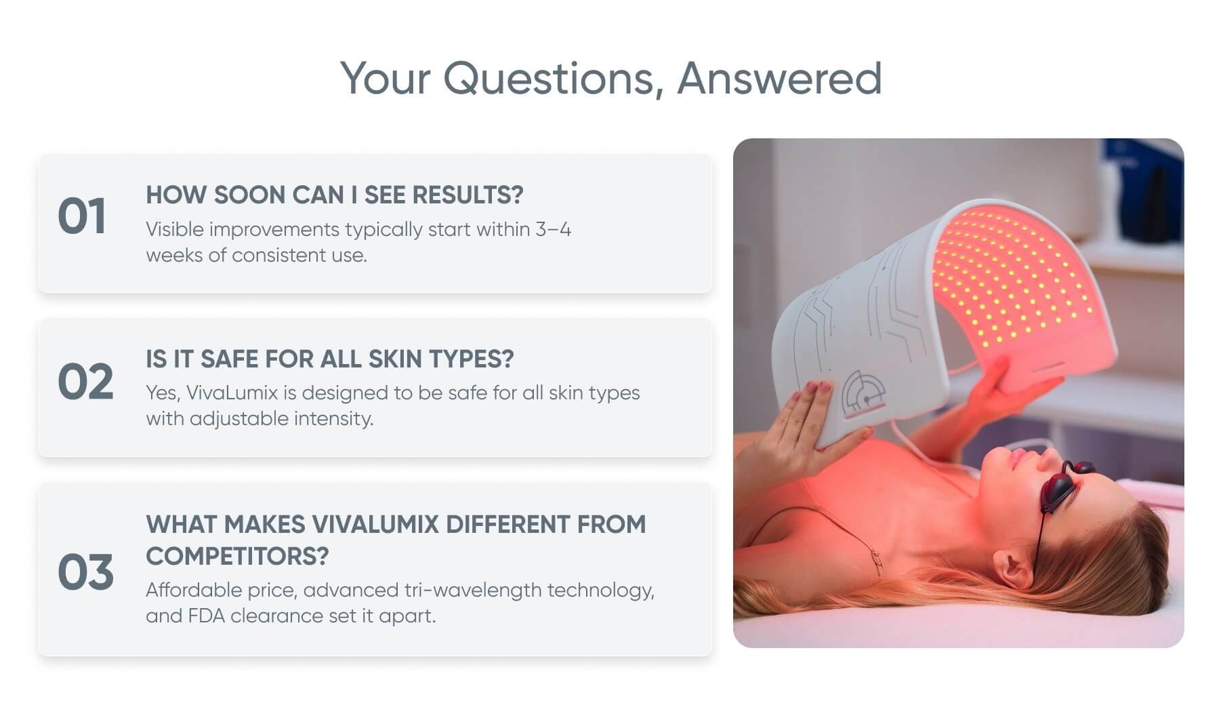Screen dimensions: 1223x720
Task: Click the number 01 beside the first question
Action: click(x=81, y=217)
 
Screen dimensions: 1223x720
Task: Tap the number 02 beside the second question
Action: click(x=85, y=381)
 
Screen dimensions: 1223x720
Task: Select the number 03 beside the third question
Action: click(x=85, y=572)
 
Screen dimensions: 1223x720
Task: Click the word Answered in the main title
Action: click(x=779, y=78)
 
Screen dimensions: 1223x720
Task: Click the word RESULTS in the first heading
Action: click(x=468, y=195)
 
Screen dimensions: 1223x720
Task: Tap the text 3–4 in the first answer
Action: click(x=554, y=229)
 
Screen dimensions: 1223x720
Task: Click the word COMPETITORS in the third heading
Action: click(x=237, y=556)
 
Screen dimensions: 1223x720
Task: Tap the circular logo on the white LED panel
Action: click(x=863, y=393)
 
